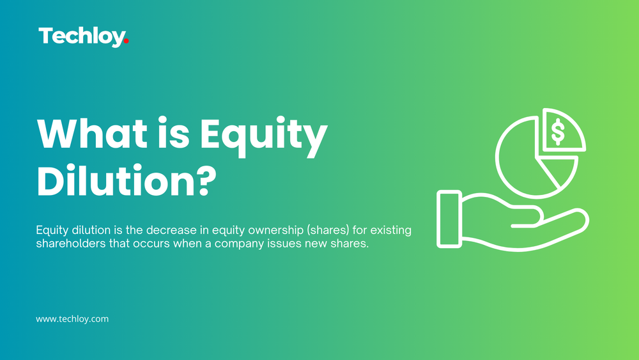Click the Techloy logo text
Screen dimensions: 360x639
81,36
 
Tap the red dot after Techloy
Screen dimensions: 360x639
127,42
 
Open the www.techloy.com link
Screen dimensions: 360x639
72,318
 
